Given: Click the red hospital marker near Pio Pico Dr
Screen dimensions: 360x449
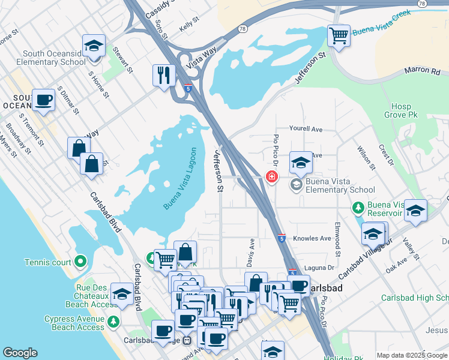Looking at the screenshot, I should tap(271, 176).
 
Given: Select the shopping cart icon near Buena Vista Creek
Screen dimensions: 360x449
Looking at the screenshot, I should tap(339, 35).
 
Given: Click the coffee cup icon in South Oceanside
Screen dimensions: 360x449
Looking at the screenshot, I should tap(43, 100).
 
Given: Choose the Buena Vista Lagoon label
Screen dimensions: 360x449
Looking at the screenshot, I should tap(181, 178).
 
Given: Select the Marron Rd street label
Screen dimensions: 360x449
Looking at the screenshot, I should tap(426, 71).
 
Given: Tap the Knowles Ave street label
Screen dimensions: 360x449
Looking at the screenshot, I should tap(312, 238).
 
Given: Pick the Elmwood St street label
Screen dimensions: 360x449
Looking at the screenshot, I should tap(339, 236).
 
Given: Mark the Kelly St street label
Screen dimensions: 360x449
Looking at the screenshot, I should tap(188, 27).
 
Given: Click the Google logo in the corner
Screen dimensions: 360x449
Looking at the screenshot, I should tap(20, 353).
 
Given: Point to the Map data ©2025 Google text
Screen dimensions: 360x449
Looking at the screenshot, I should tap(411, 355).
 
